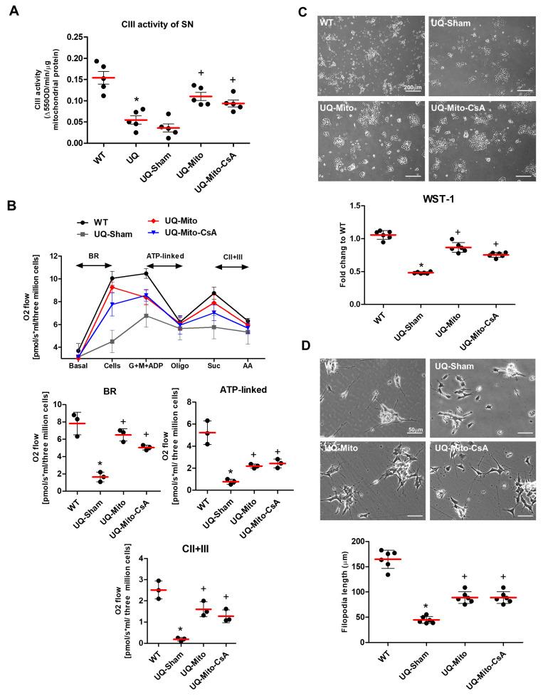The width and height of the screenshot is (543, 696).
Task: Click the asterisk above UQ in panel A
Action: pyautogui.click(x=105, y=94)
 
